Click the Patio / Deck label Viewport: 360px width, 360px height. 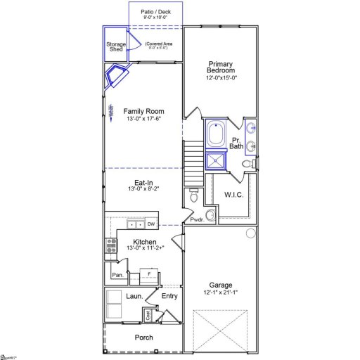point(155,11)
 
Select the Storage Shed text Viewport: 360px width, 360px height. point(116,47)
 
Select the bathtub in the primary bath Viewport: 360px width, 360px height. point(215,134)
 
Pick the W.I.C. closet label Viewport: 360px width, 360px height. point(233,194)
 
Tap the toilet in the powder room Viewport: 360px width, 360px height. point(193,199)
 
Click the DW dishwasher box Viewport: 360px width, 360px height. point(150,224)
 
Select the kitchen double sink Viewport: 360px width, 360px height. point(136,224)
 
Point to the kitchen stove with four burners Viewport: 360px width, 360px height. point(111,245)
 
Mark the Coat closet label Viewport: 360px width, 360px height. point(148,316)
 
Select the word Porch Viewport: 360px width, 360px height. point(143,337)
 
